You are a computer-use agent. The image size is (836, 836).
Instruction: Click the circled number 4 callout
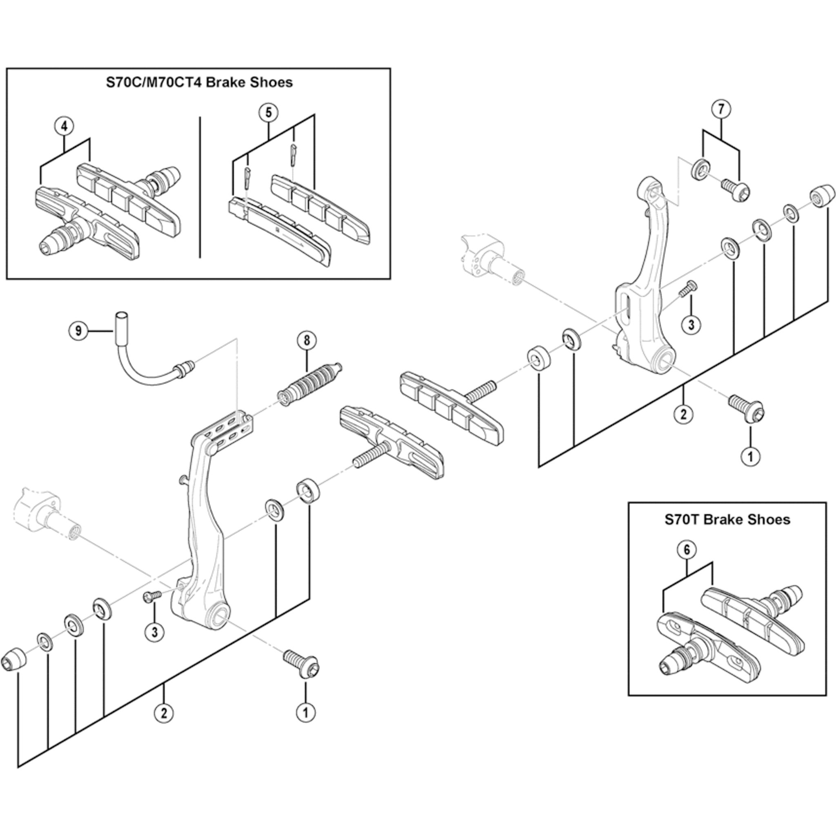[x=64, y=127]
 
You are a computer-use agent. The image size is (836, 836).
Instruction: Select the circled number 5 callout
[x=268, y=113]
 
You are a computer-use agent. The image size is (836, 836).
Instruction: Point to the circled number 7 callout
[x=721, y=109]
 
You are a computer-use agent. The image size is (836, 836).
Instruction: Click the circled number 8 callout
[x=307, y=340]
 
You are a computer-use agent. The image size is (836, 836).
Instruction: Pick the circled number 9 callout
[x=78, y=331]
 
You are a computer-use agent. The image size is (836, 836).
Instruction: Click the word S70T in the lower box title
[x=682, y=519]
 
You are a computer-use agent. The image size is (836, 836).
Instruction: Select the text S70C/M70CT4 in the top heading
[x=153, y=82]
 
